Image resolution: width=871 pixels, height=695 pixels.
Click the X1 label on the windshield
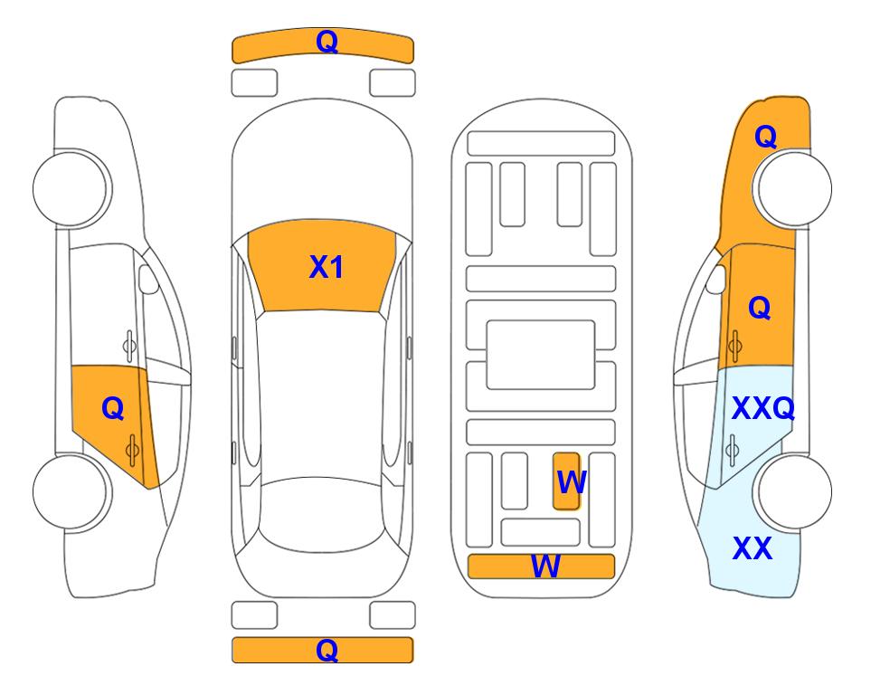tap(327, 267)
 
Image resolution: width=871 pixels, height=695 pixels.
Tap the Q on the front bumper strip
tap(327, 42)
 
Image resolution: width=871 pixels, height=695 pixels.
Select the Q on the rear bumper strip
tap(327, 650)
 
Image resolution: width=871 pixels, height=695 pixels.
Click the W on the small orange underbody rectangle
tap(572, 482)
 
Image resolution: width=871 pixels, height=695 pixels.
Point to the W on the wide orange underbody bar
tap(545, 566)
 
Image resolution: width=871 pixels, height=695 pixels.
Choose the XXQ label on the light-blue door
tap(763, 409)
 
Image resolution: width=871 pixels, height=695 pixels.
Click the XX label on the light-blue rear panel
tap(753, 548)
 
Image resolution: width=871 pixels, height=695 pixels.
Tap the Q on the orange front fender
tap(765, 137)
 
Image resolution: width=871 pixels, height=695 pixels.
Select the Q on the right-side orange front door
tap(760, 308)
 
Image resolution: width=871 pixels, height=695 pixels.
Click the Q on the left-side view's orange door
tap(113, 409)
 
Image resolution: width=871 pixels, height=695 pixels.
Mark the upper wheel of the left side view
tap(71, 188)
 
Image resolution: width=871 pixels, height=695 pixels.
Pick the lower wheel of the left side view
tap(71, 491)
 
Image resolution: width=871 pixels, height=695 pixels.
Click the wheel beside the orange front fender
tap(794, 188)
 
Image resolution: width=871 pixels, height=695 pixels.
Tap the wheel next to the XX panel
tap(794, 491)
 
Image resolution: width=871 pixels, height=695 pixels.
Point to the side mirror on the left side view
tap(148, 279)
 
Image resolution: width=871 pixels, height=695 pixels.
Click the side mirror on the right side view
tap(716, 279)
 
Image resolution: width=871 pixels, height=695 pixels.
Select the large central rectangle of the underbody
tap(541, 355)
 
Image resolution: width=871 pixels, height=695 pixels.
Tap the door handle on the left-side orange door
tap(132, 451)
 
